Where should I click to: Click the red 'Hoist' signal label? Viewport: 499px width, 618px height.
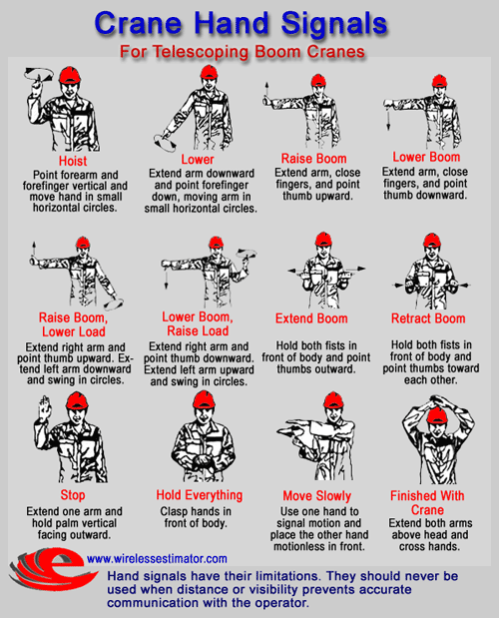pos(73,161)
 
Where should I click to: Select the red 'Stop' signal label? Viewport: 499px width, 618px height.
pos(73,495)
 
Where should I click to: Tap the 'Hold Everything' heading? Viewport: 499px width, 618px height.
pos(200,495)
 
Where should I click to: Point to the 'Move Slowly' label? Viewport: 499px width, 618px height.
pos(316,496)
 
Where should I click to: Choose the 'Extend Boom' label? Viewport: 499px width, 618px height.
pos(311,318)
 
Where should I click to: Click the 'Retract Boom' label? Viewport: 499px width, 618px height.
pos(428,318)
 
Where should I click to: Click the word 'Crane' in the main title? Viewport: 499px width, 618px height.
pos(139,24)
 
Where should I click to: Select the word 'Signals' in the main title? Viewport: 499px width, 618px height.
pos(334,24)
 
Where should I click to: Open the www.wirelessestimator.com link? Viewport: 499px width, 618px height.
pos(157,558)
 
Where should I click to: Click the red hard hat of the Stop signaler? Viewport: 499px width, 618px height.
pos(77,401)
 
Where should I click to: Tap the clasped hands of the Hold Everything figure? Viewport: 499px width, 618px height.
pos(204,460)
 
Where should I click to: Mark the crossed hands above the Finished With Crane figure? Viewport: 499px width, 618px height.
pos(440,402)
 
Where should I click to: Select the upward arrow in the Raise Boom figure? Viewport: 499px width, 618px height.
pos(266,91)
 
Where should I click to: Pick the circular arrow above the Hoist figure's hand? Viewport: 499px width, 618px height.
pos(38,74)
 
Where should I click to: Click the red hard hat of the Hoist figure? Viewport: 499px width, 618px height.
pos(70,75)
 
